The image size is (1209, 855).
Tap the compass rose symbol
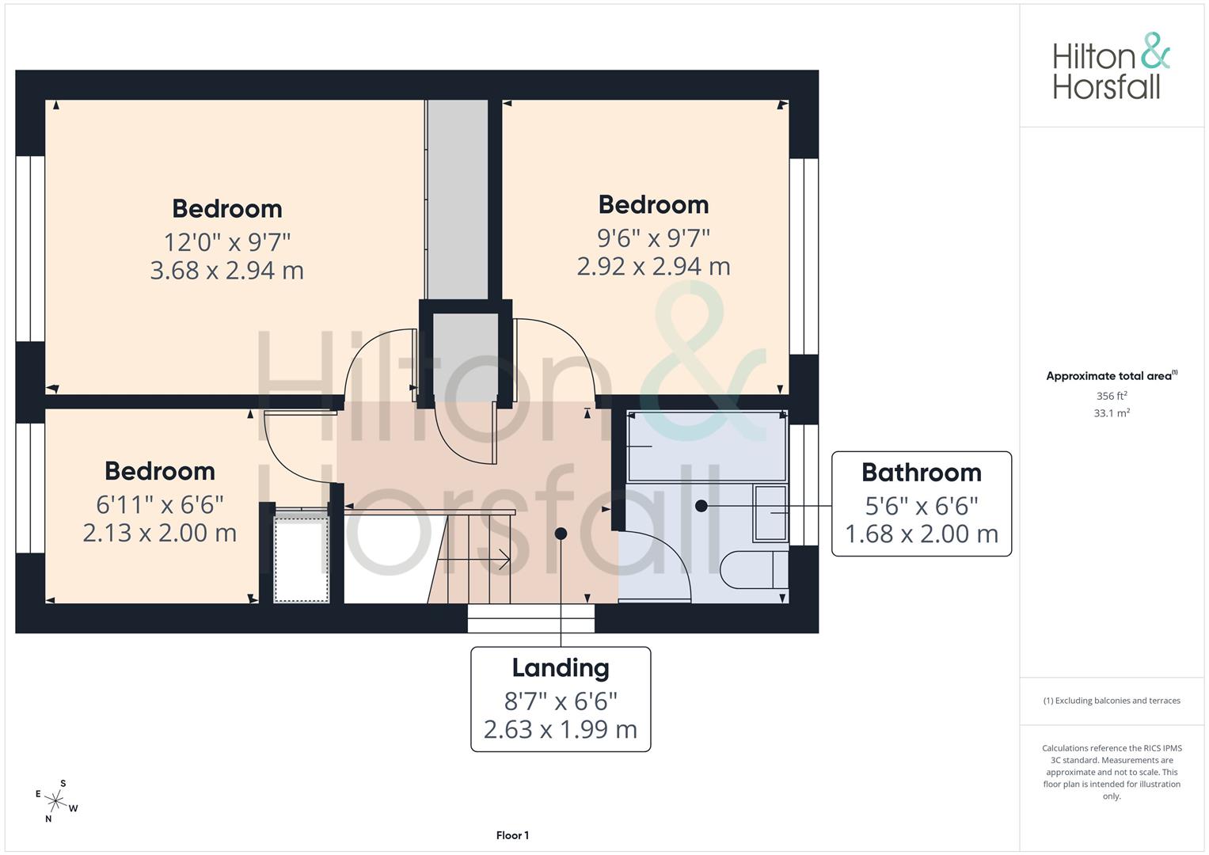(x=55, y=801)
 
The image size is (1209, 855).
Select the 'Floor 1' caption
(x=512, y=835)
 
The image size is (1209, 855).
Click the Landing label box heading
(x=561, y=668)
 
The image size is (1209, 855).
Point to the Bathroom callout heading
(x=922, y=473)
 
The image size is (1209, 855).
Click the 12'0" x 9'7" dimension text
(x=226, y=242)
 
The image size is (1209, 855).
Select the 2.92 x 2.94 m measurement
(x=653, y=267)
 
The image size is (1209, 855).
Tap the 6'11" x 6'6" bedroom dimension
(x=160, y=505)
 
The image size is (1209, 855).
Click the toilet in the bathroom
(x=754, y=569)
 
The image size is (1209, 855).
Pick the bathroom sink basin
(x=770, y=513)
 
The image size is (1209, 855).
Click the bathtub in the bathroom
(x=707, y=446)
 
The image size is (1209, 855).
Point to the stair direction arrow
(x=473, y=559)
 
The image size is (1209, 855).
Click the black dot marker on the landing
(x=561, y=534)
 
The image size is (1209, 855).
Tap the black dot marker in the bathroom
(x=701, y=506)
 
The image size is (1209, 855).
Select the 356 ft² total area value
(x=1112, y=396)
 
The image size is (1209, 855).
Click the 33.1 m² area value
(x=1112, y=413)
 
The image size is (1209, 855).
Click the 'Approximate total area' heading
(x=1112, y=376)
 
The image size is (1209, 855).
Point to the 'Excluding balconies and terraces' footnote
(x=1112, y=701)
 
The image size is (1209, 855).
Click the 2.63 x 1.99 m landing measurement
(x=561, y=730)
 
